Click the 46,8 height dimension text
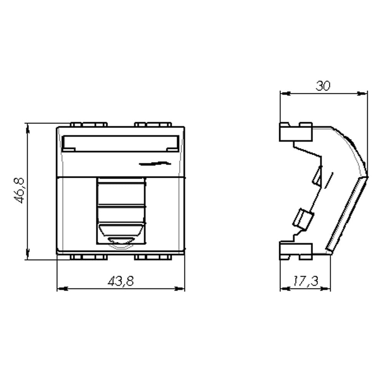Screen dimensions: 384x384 tap(19, 190)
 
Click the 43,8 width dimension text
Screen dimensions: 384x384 tap(121, 281)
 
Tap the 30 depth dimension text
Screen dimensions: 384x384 tap(323, 86)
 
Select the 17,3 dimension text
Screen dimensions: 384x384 tap(305, 281)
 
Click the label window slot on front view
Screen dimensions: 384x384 tap(121, 143)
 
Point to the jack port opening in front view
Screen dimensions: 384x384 tap(121, 211)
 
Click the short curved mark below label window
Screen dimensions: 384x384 tap(155, 163)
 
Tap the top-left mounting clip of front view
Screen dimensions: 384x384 tap(89, 124)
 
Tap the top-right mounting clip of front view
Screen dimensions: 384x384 tap(153, 124)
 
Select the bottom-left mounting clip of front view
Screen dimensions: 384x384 tap(89, 257)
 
